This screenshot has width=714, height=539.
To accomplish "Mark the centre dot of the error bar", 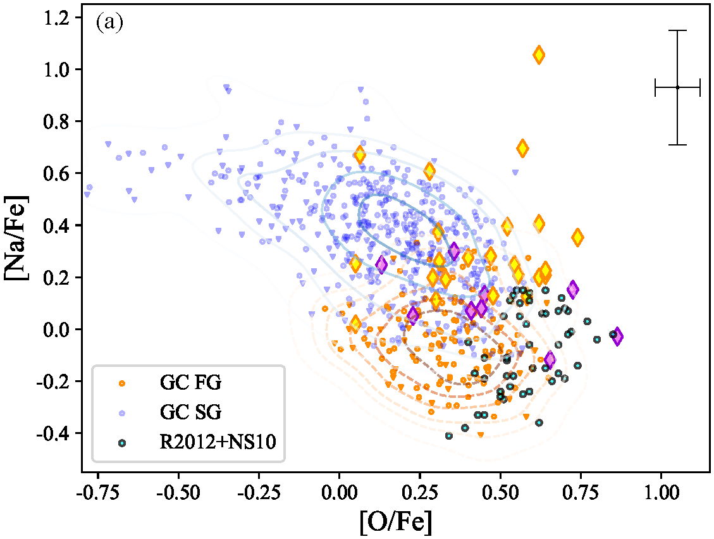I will click(x=677, y=87).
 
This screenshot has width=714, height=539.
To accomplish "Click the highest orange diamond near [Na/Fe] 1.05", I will click(x=539, y=55).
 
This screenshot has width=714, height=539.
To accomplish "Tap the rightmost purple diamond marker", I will click(x=617, y=336).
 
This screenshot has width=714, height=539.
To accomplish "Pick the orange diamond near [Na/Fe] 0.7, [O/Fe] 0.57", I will click(x=522, y=149).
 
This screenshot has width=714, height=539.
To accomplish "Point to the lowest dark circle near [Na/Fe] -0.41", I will click(x=449, y=435).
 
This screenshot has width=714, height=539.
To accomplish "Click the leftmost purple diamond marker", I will click(x=381, y=264).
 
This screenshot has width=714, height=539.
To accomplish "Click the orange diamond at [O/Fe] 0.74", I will click(x=577, y=237).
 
